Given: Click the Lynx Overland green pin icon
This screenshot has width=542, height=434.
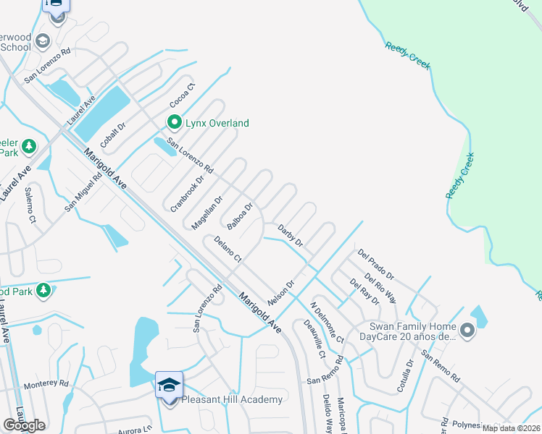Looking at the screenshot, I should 174,122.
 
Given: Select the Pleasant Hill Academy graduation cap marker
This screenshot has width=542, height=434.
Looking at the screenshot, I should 169,384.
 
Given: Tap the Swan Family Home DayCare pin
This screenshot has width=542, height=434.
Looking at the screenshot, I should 467,331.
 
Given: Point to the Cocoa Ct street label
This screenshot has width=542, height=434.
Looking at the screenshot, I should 183,95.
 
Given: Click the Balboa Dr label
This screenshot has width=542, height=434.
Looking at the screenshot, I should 240,216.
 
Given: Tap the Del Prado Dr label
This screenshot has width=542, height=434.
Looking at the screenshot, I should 375,265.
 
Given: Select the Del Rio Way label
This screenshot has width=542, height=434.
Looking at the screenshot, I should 380,288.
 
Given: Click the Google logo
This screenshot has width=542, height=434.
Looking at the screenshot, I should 25,425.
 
